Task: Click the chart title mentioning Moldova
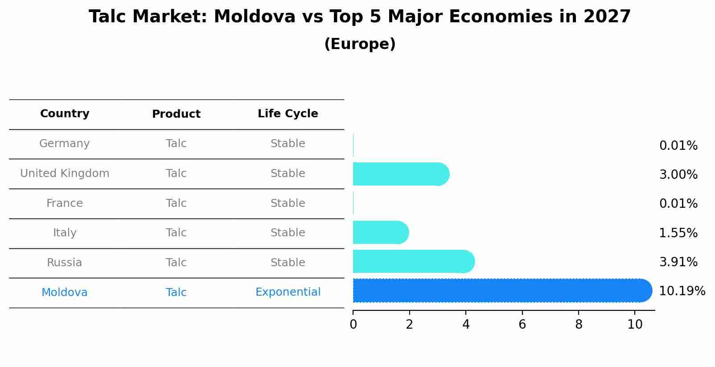pos(360,17)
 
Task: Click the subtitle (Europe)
pos(360,44)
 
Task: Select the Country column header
pos(65,114)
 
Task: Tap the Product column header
pos(176,114)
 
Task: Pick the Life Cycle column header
pos(288,114)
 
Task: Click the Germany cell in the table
pos(65,144)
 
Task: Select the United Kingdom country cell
pos(65,173)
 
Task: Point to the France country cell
pos(65,203)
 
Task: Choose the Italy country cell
pos(65,233)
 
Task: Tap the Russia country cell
pos(65,263)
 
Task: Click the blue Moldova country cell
pos(65,293)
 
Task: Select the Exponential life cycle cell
pos(288,292)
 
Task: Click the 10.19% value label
pos(682,291)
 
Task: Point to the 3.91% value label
pos(678,262)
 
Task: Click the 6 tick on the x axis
pos(522,325)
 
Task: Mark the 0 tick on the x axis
pos(353,325)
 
